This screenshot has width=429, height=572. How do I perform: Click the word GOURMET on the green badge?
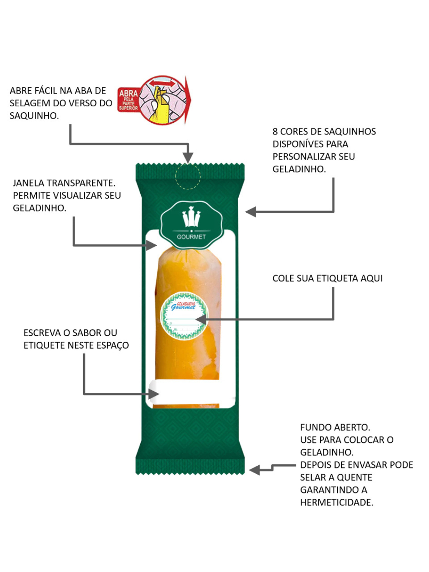191,237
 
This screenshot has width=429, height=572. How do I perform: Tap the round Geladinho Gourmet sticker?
184,316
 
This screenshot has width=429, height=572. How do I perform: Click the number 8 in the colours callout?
275,132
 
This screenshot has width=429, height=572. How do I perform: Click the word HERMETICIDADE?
336,503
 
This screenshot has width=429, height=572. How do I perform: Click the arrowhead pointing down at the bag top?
188,158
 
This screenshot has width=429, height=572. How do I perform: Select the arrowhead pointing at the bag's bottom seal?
254,469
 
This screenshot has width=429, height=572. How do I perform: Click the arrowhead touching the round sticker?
201,319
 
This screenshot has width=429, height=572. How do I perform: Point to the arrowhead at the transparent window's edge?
151,245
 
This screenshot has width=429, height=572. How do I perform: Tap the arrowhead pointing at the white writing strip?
154,394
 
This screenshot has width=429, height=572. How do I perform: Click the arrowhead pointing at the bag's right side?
251,211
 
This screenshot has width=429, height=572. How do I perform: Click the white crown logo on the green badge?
191,218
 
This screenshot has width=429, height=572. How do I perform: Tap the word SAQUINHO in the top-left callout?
33,116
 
